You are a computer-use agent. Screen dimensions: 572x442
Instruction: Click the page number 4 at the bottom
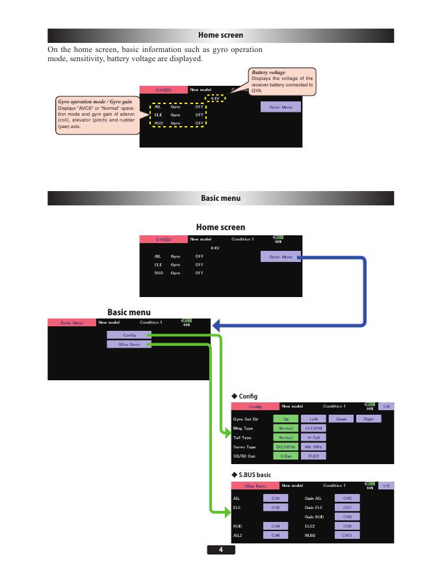[x=221, y=550]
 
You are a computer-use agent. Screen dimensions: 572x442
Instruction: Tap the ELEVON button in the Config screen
[x=313, y=428]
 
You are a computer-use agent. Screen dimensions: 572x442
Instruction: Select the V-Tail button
[x=313, y=437]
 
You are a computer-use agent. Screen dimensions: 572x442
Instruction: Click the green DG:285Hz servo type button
[x=285, y=447]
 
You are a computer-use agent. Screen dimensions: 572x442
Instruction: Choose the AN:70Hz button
[x=313, y=447]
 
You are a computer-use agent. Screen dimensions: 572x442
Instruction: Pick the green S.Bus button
[x=285, y=456]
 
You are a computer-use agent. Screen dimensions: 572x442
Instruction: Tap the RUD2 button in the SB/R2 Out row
[x=313, y=456]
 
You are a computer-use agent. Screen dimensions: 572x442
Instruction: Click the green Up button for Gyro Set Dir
[x=285, y=419]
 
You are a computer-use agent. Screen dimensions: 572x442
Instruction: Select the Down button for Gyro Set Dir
[x=341, y=419]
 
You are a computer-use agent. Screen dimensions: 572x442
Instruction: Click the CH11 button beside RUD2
[x=346, y=535]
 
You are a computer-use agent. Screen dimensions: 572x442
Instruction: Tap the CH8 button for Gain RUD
[x=346, y=516]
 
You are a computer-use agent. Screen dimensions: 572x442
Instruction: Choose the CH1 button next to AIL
[x=276, y=498]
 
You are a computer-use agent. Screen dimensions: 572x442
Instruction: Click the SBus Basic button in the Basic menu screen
[x=130, y=344]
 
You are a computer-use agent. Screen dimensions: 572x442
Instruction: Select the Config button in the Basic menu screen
[x=130, y=335]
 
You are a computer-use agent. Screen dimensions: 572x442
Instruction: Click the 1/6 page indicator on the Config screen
[x=385, y=406]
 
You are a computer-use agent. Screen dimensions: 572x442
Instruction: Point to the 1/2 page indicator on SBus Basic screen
[x=385, y=486]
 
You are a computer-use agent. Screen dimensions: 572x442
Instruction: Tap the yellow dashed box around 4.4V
[x=214, y=99]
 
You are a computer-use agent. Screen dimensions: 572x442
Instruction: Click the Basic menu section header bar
[x=221, y=198]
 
